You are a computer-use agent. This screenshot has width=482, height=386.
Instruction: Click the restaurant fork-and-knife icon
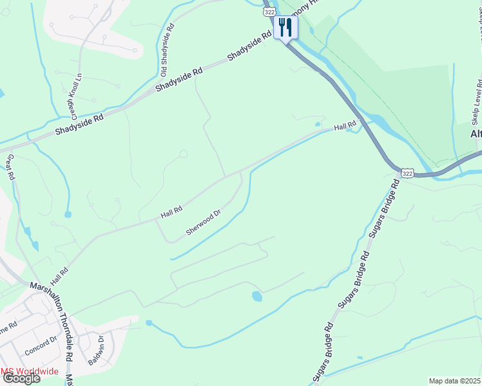[285, 28]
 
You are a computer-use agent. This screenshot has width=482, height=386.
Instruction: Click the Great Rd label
[10, 167]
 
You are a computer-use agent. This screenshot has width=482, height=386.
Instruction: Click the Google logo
[21, 378]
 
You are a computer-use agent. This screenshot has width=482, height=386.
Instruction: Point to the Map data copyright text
[454, 381]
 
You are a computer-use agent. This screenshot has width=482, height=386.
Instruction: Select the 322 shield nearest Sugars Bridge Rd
[407, 173]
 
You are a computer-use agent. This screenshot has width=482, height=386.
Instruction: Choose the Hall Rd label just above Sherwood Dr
[171, 210]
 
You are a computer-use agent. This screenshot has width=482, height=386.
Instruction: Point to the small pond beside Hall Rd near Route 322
[317, 124]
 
